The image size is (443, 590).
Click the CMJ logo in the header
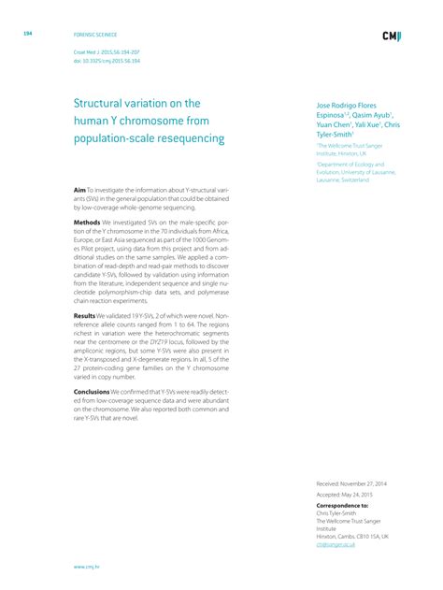point(392,36)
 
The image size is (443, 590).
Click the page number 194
point(28,34)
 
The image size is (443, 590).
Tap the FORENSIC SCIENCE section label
point(92,34)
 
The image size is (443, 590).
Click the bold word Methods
point(88,223)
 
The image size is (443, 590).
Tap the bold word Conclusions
point(94,393)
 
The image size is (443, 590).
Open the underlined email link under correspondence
point(336,543)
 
